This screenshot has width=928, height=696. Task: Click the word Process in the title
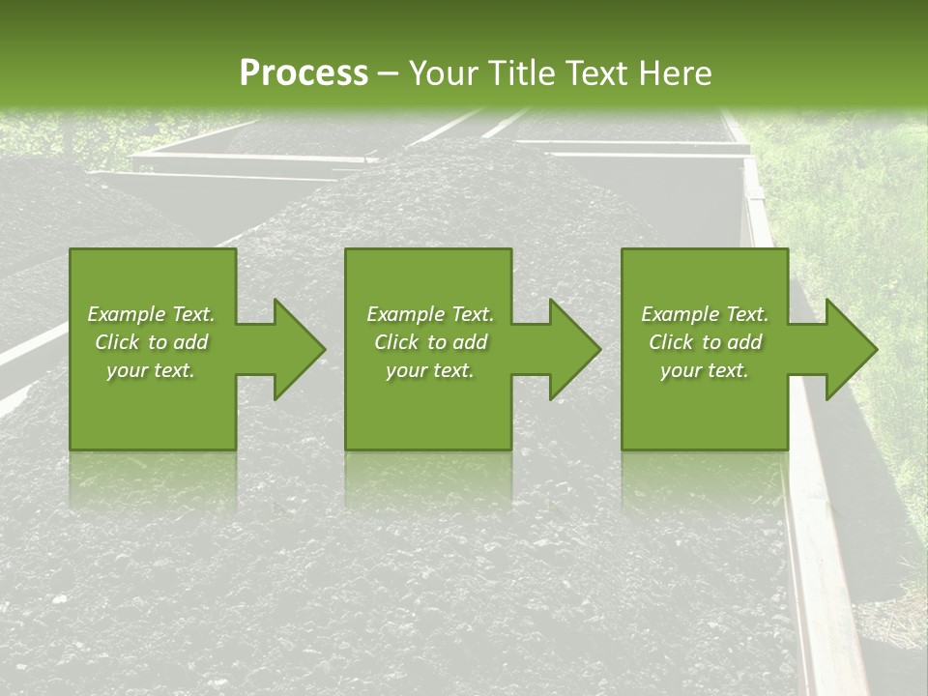[x=304, y=73]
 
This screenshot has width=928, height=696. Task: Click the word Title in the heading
[x=519, y=73]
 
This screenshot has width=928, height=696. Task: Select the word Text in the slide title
[x=594, y=73]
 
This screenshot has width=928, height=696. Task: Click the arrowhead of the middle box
[x=574, y=349]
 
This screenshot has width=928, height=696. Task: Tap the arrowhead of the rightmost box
[x=850, y=349]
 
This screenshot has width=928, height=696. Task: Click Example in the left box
[x=126, y=314]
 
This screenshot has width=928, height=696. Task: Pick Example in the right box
[x=680, y=314]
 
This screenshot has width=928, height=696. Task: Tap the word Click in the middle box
[x=397, y=342]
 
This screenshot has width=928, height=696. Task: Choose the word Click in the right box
[x=672, y=342]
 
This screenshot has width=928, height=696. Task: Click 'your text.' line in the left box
[x=151, y=370]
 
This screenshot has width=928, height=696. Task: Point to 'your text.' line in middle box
[x=429, y=370]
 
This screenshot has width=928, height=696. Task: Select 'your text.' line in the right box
[x=704, y=370]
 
